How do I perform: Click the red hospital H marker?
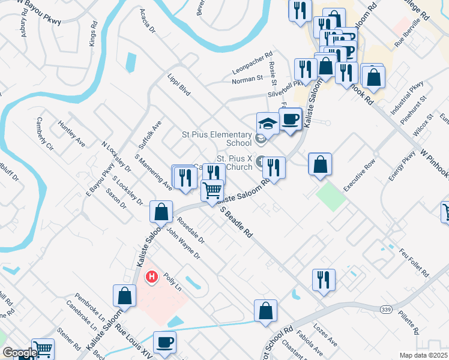152,277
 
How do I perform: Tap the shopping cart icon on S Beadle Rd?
212,191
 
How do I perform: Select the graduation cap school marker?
267,123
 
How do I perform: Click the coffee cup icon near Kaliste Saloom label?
290,119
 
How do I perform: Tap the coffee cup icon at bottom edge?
164,342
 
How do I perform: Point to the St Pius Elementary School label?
217,139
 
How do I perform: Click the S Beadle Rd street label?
236,221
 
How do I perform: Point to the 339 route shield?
386,308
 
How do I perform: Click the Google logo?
19,353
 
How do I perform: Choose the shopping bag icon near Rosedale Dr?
160,212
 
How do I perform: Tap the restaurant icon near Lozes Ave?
323,279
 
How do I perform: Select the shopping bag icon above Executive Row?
321,164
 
